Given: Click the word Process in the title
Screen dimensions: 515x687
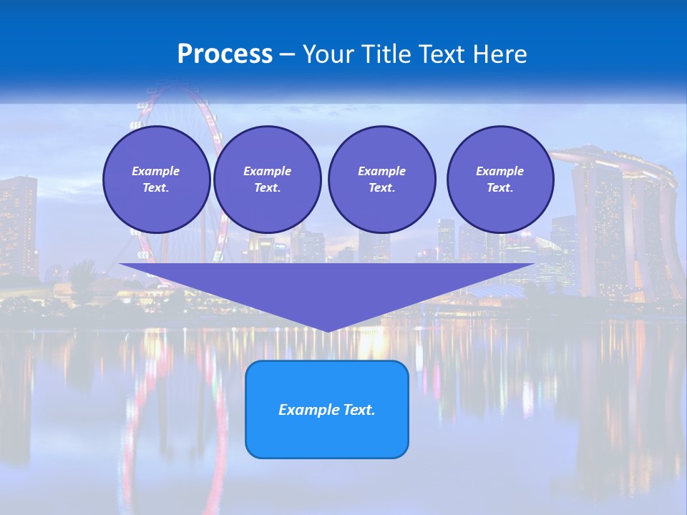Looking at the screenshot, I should (x=225, y=54).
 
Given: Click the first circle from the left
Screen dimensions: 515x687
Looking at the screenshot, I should (x=156, y=180).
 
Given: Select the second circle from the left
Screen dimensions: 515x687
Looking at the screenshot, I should (x=267, y=180).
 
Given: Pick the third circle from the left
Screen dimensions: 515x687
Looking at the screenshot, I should (x=381, y=180).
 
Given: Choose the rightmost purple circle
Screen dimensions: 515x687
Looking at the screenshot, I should (x=500, y=180).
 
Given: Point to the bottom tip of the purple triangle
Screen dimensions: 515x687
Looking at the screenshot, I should (x=327, y=330).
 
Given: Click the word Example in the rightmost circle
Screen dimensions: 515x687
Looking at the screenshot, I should (x=500, y=171).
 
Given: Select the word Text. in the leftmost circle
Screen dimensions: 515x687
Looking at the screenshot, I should (x=156, y=188).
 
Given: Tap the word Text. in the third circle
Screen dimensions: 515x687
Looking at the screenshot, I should (x=381, y=188).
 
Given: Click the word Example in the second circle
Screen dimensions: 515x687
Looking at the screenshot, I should (x=267, y=171).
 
